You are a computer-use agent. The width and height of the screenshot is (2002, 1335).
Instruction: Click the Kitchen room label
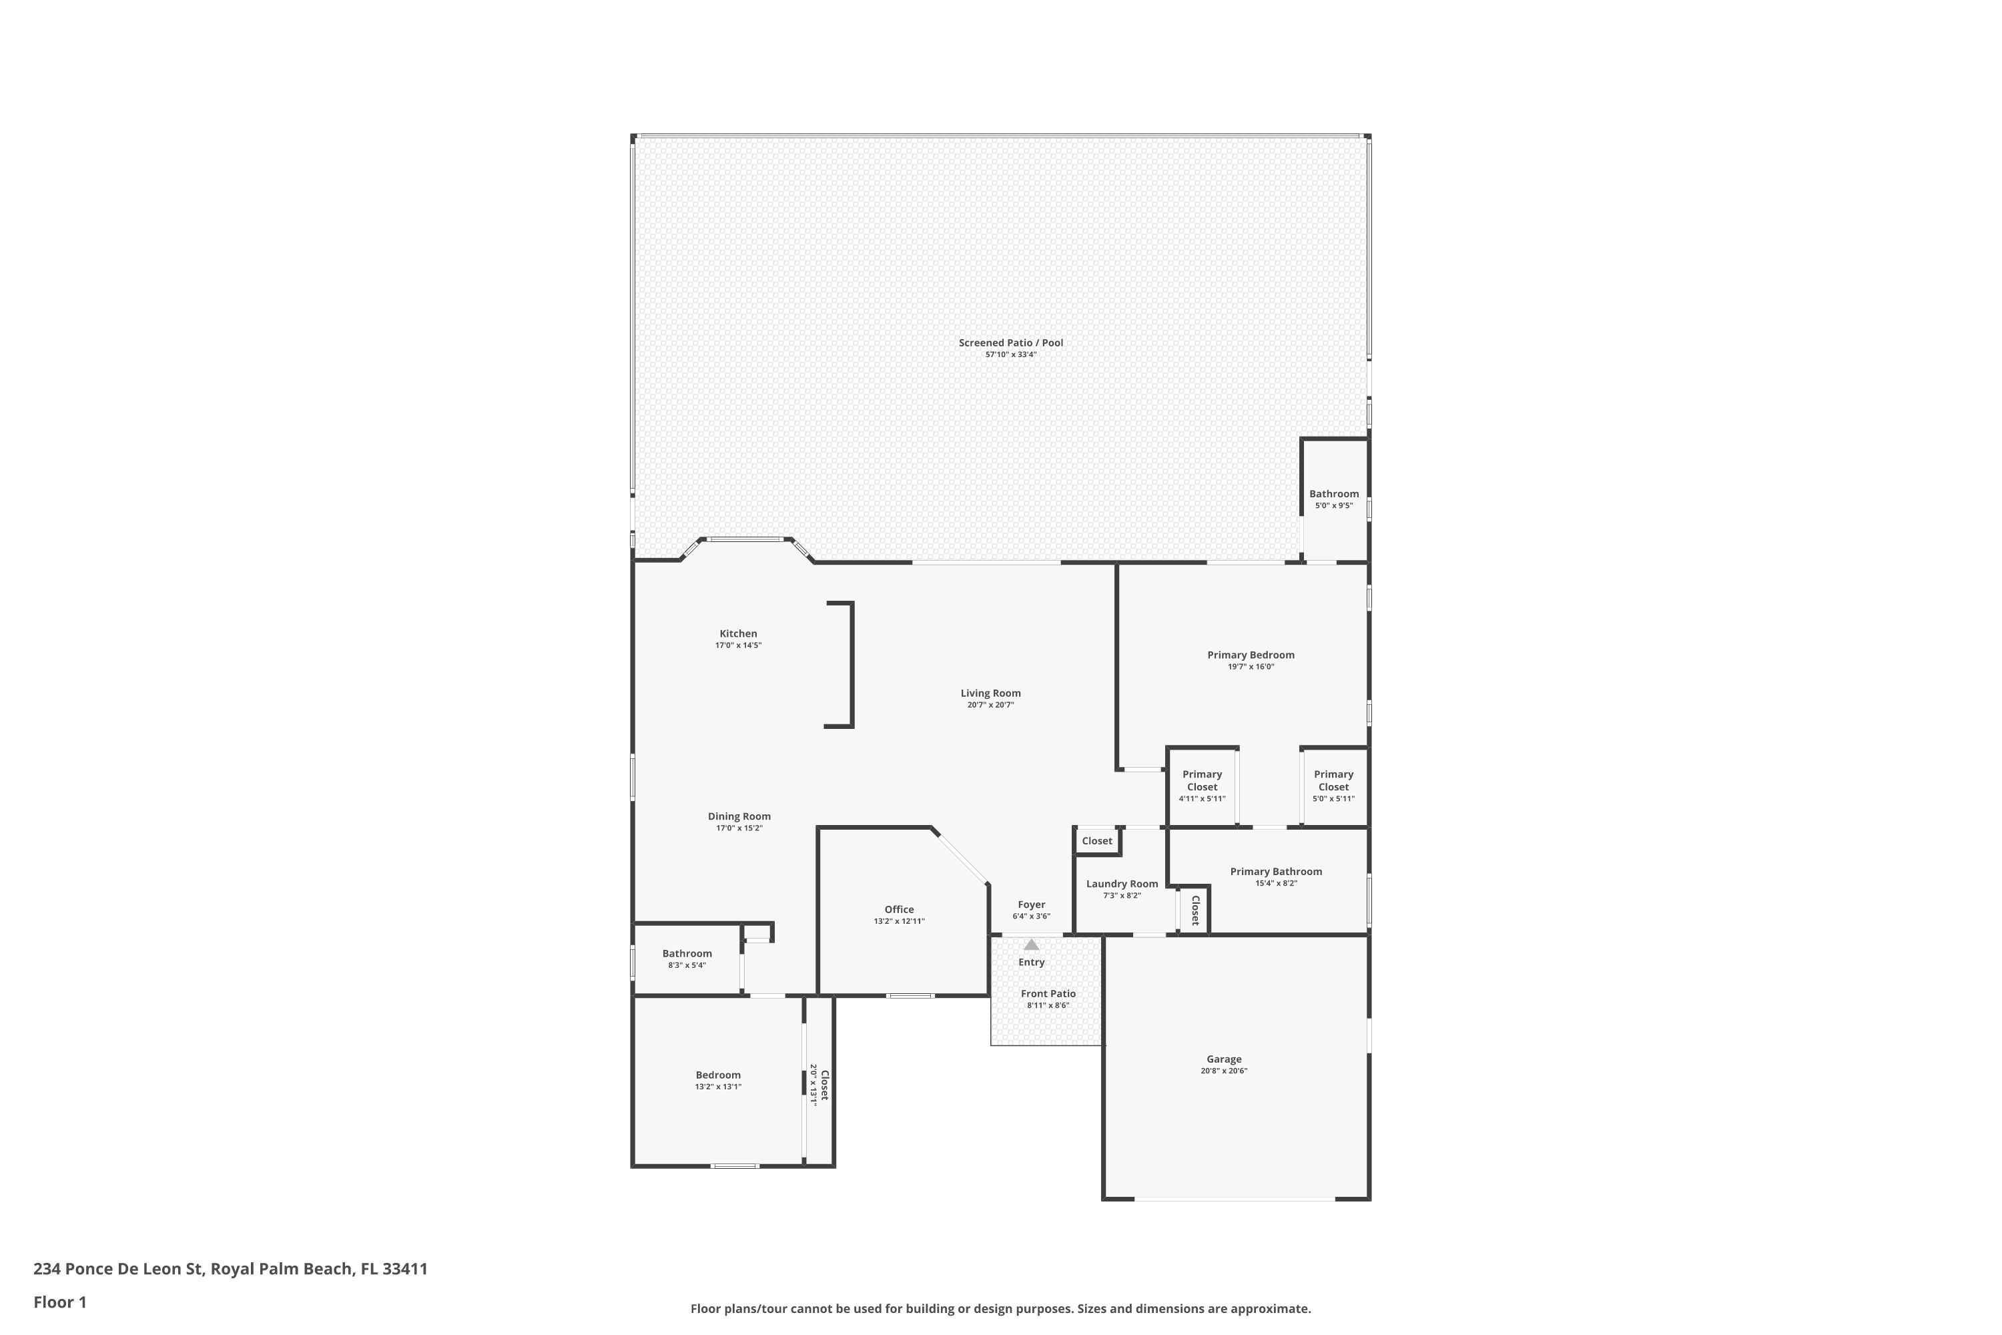click(x=738, y=633)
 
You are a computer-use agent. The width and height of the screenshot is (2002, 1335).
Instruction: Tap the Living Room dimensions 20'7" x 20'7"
click(x=990, y=705)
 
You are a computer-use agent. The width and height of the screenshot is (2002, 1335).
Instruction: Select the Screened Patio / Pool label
click(x=1010, y=343)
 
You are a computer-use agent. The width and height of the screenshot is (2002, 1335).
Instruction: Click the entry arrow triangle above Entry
click(x=1031, y=945)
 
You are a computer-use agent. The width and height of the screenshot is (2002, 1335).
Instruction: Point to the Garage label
click(x=1223, y=1059)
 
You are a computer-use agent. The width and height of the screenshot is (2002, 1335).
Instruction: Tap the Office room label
click(x=899, y=909)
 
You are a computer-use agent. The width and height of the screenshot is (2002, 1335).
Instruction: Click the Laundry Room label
click(x=1122, y=884)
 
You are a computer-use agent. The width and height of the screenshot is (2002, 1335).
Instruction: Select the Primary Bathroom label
click(x=1275, y=871)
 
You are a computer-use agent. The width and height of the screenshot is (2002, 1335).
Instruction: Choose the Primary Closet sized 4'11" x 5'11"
click(x=1202, y=781)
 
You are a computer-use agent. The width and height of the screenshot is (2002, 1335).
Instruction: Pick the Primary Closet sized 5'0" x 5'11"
click(x=1333, y=781)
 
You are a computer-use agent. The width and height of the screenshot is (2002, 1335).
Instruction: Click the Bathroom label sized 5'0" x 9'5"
click(x=1333, y=494)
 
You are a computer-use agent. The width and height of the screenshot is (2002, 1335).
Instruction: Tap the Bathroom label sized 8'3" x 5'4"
click(x=687, y=954)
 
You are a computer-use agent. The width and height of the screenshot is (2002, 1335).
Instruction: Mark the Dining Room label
click(x=739, y=816)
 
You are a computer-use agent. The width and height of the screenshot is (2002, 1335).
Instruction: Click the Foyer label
click(x=1031, y=905)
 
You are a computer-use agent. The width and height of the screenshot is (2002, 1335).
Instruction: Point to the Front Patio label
click(x=1048, y=994)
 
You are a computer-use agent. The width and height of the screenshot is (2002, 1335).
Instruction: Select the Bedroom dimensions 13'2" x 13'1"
click(x=717, y=1087)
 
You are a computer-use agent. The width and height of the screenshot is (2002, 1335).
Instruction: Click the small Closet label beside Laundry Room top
click(x=1096, y=841)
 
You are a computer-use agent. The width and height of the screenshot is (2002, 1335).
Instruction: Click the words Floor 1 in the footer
click(x=59, y=1302)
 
